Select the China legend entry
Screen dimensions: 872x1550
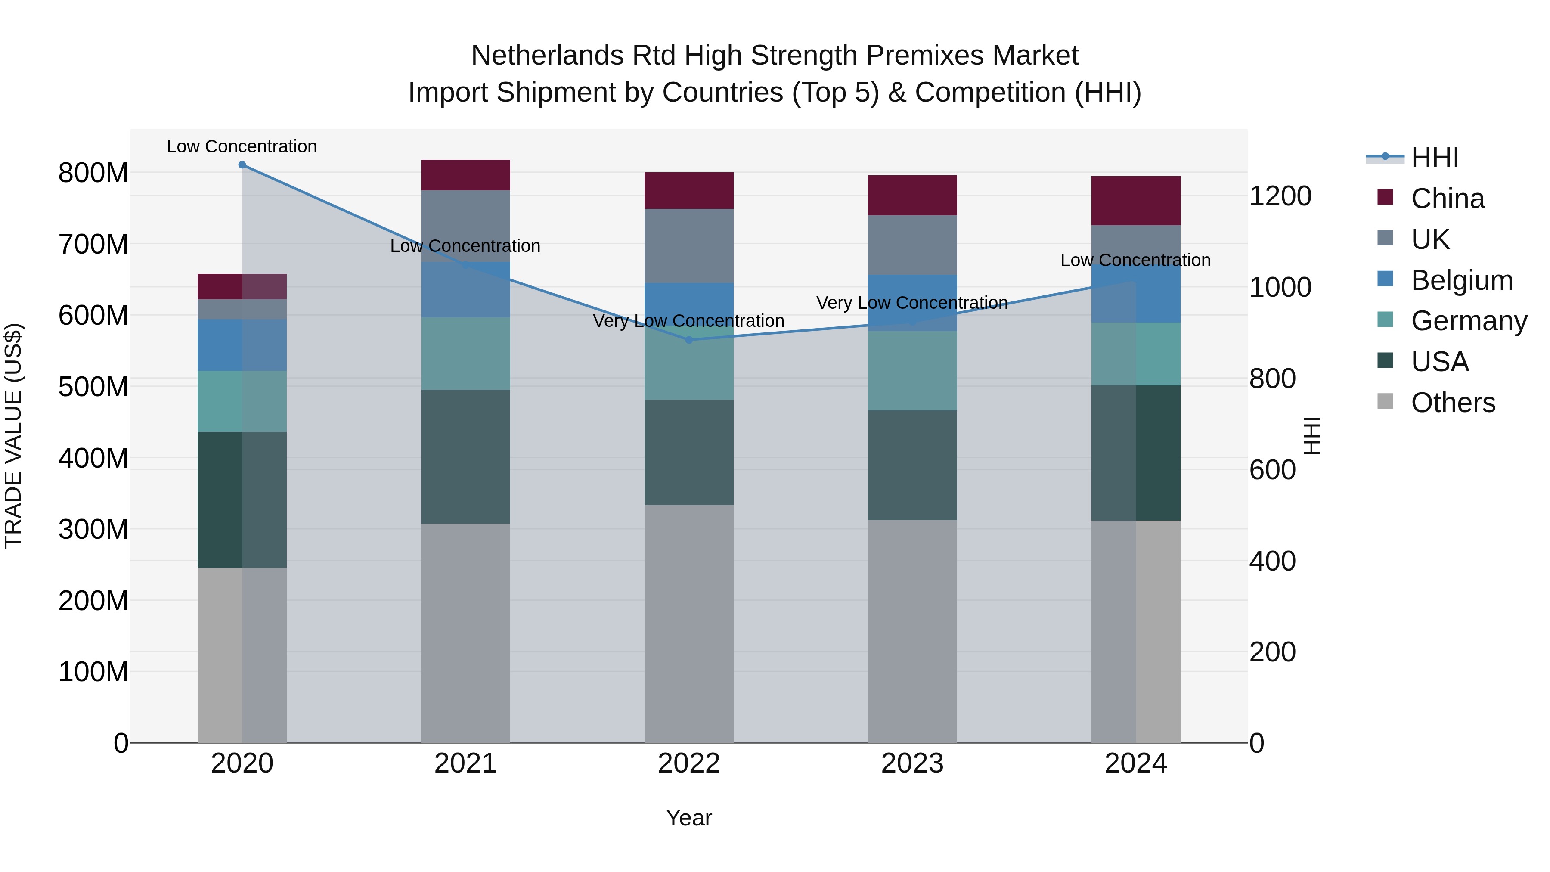click(x=1447, y=199)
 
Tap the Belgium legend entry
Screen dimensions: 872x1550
click(x=1461, y=280)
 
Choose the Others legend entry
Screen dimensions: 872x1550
click(x=1453, y=403)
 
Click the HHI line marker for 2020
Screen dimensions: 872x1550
click(x=242, y=165)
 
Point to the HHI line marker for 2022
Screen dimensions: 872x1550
click(x=689, y=340)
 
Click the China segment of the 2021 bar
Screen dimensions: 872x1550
click(x=465, y=175)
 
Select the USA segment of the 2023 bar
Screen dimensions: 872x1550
click(x=912, y=465)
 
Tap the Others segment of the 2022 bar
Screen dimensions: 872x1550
click(x=689, y=624)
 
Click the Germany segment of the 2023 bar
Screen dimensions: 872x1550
click(x=912, y=371)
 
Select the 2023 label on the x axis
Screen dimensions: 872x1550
click(x=912, y=763)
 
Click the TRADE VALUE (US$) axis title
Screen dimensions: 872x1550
click(x=13, y=436)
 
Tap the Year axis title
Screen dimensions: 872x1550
click(x=689, y=818)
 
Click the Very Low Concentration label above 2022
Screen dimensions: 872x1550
click(x=689, y=321)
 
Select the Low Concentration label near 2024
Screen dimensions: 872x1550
click(x=1135, y=260)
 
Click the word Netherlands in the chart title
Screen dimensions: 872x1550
click(x=548, y=56)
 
